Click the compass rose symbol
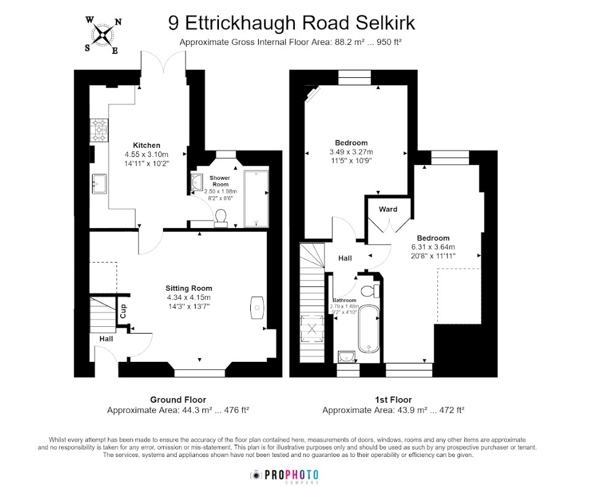pyautogui.click(x=103, y=35)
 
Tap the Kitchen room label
pyautogui.click(x=147, y=145)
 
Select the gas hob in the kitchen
pyautogui.click(x=99, y=130)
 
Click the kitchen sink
pyautogui.click(x=99, y=183)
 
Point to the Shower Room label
pyautogui.click(x=220, y=181)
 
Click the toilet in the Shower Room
pyautogui.click(x=221, y=218)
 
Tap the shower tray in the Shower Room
pyautogui.click(x=256, y=198)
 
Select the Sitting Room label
pyautogui.click(x=188, y=288)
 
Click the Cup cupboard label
pyautogui.click(x=123, y=311)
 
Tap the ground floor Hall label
pyautogui.click(x=105, y=339)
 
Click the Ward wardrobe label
pyautogui.click(x=388, y=209)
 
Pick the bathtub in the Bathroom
pyautogui.click(x=368, y=329)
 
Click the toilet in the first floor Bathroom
pyautogui.click(x=370, y=291)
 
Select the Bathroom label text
pyautogui.click(x=344, y=300)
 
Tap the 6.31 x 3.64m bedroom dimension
pyautogui.click(x=433, y=247)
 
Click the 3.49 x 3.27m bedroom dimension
pyautogui.click(x=351, y=152)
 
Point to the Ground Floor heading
pyautogui.click(x=178, y=399)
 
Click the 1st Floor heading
pyautogui.click(x=393, y=399)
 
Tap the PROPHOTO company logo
pyautogui.click(x=284, y=476)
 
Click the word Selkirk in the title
pyautogui.click(x=384, y=23)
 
